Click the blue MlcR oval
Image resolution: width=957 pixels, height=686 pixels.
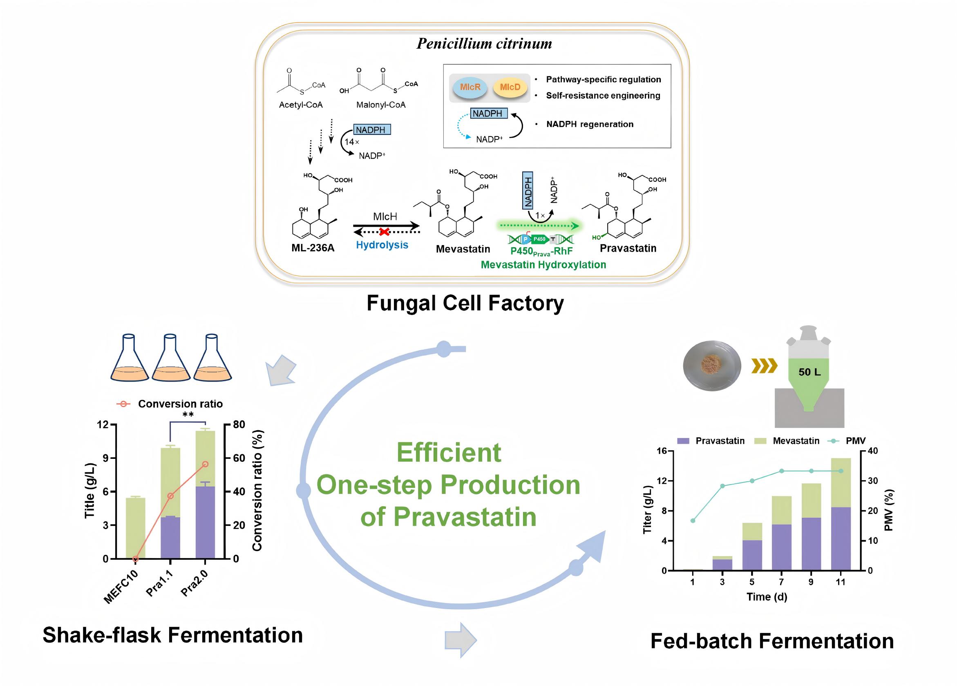[470, 87]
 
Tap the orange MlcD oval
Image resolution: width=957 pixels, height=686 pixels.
[510, 87]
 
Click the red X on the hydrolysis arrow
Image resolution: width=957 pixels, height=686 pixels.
[384, 232]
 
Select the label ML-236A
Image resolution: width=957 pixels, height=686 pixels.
[313, 248]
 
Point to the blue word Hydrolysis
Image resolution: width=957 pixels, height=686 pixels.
[382, 245]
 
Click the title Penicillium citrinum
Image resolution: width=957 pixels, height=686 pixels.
[484, 44]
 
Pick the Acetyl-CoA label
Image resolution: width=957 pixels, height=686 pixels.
[300, 105]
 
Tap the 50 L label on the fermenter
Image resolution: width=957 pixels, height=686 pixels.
[809, 372]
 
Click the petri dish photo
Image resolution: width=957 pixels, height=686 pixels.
[712, 366]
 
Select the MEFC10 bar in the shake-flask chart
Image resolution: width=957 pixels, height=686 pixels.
[135, 528]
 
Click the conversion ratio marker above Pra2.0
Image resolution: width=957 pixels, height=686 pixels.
[205, 464]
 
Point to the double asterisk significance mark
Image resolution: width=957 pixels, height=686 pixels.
[188, 415]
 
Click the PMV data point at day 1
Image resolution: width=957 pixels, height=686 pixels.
[693, 521]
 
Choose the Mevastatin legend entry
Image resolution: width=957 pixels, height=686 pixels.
[796, 441]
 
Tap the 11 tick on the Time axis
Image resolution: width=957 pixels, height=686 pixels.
[840, 582]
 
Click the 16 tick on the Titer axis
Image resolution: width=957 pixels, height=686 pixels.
[661, 451]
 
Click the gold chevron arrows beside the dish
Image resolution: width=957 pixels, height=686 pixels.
[764, 366]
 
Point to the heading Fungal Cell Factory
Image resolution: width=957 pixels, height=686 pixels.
[465, 303]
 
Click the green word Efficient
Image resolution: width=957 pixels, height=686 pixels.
[449, 453]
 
